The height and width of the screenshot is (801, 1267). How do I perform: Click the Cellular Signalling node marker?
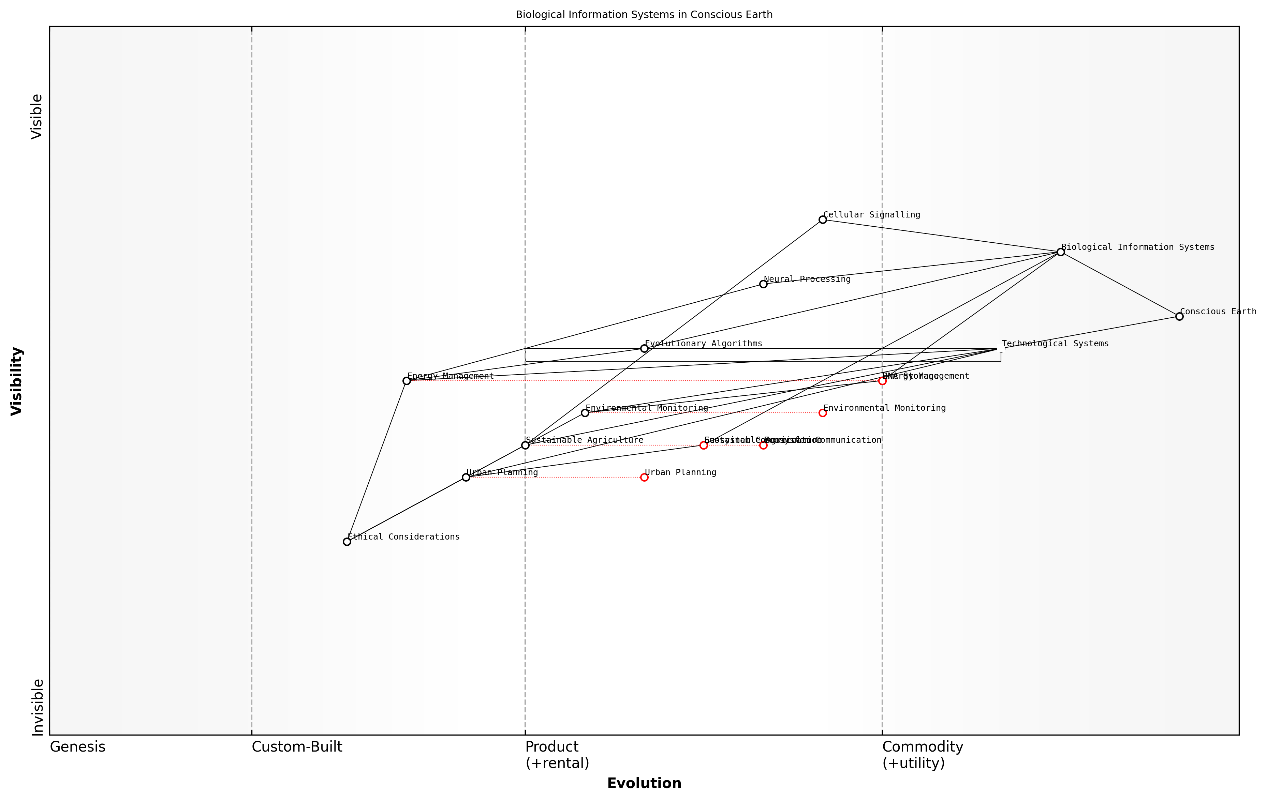(822, 220)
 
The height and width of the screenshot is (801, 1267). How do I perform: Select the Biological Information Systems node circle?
(1061, 252)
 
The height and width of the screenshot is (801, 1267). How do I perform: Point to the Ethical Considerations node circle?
(347, 542)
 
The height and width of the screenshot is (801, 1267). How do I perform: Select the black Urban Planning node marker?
(466, 478)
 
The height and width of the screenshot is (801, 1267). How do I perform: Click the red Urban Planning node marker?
(644, 478)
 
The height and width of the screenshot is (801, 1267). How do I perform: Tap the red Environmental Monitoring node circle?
(822, 413)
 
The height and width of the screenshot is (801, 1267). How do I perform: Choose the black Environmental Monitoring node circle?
(585, 413)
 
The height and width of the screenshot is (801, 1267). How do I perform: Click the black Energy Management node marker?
(406, 381)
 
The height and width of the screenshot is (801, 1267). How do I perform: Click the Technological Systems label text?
(1055, 344)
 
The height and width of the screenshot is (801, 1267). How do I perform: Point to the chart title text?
(644, 15)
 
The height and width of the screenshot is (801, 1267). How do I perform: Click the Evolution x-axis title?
(644, 784)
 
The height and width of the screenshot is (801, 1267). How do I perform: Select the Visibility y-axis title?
(17, 381)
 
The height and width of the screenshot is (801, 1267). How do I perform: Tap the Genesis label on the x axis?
(77, 747)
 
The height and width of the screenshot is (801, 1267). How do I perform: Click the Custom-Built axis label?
(297, 747)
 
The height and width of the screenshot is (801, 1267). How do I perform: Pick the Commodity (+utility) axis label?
(922, 755)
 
